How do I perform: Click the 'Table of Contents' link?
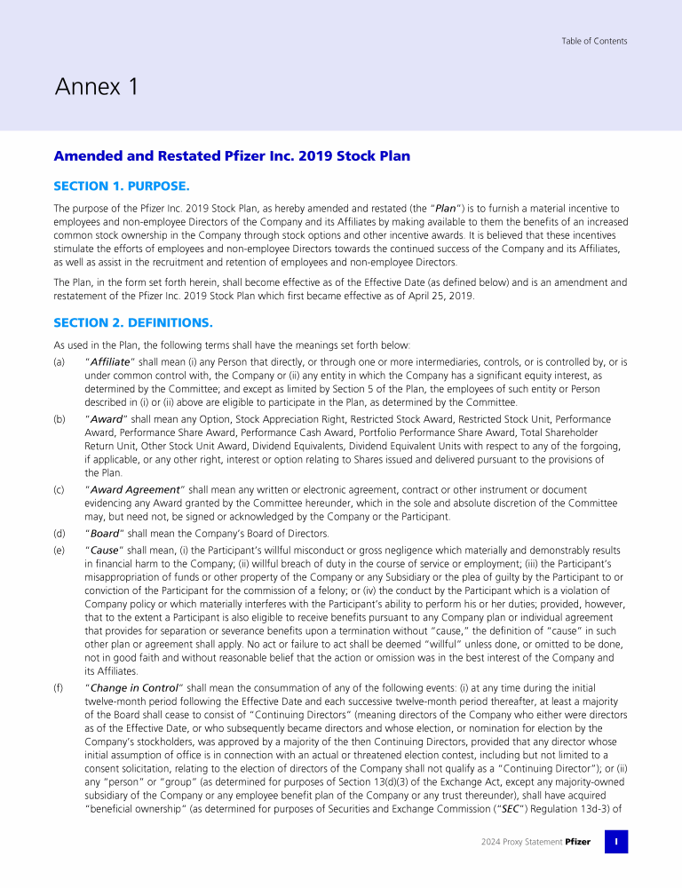tap(594, 41)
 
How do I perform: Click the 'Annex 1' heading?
tap(97, 87)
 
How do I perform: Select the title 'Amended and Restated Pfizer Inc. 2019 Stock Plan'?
tap(232, 156)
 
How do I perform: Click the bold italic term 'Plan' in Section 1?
tap(446, 209)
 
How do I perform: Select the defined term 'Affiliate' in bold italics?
tap(109, 362)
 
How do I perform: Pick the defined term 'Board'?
tap(103, 534)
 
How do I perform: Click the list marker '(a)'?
tap(59, 362)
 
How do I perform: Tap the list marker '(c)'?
tap(59, 489)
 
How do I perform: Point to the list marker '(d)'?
tap(59, 534)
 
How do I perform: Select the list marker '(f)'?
tap(59, 687)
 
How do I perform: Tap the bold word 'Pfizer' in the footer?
tap(577, 842)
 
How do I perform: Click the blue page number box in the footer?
tap(616, 842)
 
